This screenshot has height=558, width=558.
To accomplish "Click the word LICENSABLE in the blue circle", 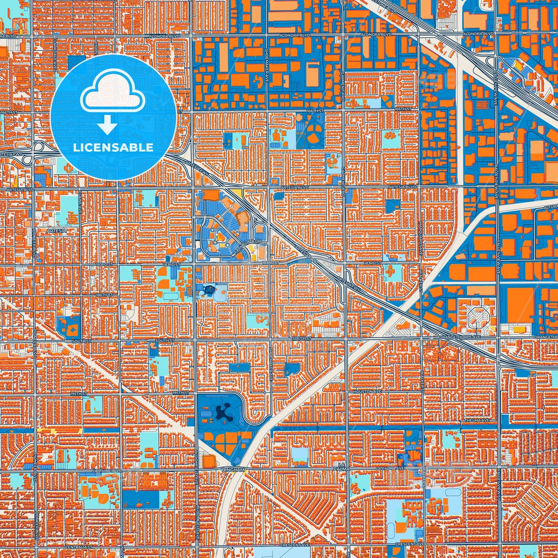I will pos(113,147).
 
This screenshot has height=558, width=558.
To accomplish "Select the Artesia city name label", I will pos(56,231).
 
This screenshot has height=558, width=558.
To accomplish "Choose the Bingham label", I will pos(234,470).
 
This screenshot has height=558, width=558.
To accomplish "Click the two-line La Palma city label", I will pos(341,466).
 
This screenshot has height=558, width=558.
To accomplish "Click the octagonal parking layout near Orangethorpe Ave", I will pos(478,318).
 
